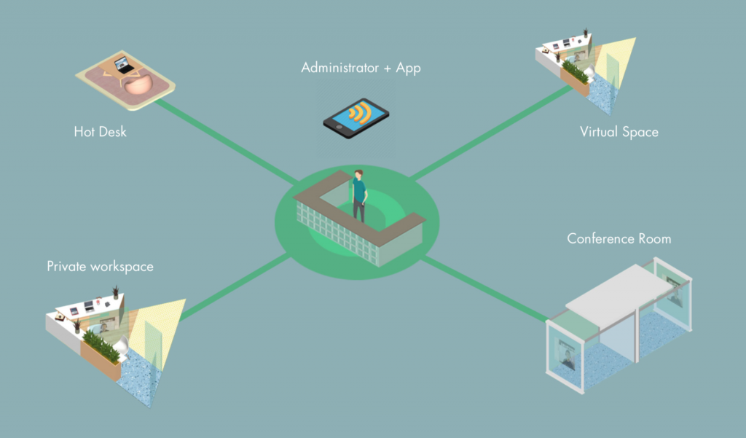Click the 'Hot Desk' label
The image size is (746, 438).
tap(100, 132)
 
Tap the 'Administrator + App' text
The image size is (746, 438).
tap(361, 69)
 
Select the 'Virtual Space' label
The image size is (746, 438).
tap(619, 132)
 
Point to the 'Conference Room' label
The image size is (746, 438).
tap(619, 238)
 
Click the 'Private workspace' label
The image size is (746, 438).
tap(100, 266)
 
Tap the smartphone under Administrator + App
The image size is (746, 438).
tap(356, 118)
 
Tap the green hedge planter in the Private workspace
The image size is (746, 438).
tap(101, 347)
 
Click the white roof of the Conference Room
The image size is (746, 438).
tap(620, 287)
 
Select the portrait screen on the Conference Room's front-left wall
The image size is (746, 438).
tap(568, 356)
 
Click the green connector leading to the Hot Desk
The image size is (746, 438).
tap(219, 138)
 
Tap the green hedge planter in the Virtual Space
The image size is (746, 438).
tap(575, 72)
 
